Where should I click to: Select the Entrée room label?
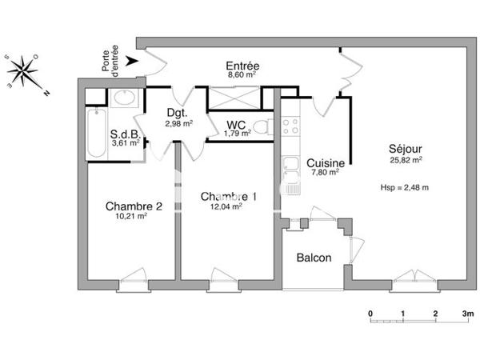[242, 66]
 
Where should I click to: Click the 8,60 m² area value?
[242, 76]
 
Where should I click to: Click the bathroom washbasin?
[125, 98]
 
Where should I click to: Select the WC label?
[236, 124]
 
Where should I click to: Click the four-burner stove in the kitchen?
[289, 126]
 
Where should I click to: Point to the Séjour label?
[406, 149]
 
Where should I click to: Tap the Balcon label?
[314, 258]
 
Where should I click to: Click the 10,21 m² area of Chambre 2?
[133, 216]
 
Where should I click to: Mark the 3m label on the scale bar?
[466, 314]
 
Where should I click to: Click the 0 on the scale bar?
[370, 314]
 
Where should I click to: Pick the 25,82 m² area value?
[406, 160]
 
